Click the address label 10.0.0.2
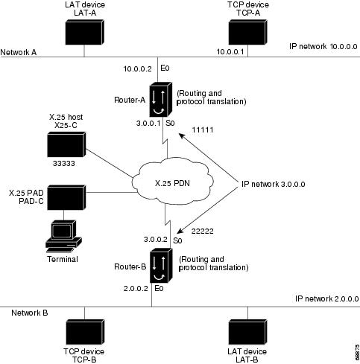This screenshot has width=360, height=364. point(136,68)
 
